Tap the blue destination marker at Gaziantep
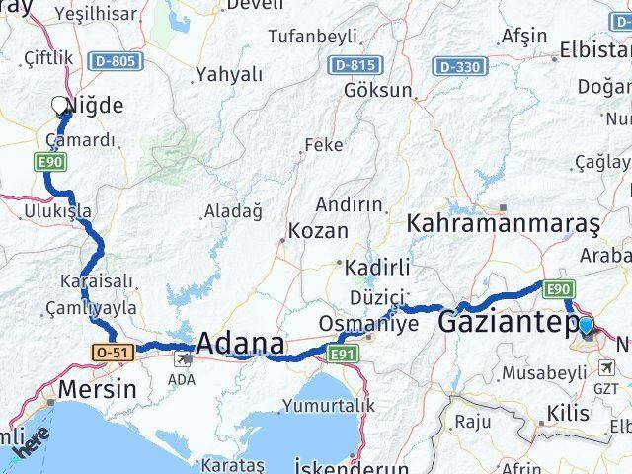586,325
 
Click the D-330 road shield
459,66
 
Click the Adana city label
241,345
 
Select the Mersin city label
97,388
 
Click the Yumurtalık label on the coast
329,405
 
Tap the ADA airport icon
181,360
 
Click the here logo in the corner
26,447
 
